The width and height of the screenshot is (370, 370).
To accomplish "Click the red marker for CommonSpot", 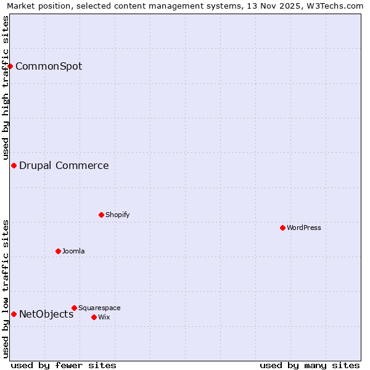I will pos(10,66).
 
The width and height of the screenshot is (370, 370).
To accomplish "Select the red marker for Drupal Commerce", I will pos(14,165).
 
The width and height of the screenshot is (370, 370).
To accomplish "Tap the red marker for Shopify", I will pos(101,215).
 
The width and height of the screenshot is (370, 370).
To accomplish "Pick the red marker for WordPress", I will pos(282,228).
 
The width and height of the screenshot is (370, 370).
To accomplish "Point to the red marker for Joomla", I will pos(58,251).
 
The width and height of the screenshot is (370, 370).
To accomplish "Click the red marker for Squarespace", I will pos(74,308).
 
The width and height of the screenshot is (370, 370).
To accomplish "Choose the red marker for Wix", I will pos(94,317).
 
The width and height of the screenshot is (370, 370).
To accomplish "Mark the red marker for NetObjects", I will pos(14,314).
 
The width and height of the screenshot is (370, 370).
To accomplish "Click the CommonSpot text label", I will pos(49,67).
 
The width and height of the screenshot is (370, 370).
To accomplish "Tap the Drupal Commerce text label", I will pos(64,165).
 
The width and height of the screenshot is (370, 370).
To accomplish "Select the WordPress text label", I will pos(304,228).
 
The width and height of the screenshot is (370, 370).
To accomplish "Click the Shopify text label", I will pos(117,215).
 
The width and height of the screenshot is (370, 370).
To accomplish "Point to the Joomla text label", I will pos(73,251).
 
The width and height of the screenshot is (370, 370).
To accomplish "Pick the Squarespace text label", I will pos(99,308).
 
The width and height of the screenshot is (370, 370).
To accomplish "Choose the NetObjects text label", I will pos(46,314).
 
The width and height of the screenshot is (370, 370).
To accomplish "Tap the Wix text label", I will pos(104,317).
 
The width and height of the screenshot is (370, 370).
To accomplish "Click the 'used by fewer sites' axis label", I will pos(64,365).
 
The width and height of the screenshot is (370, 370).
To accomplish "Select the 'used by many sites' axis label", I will pos(310,365).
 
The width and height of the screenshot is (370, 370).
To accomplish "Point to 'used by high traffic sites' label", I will pos(6,88).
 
